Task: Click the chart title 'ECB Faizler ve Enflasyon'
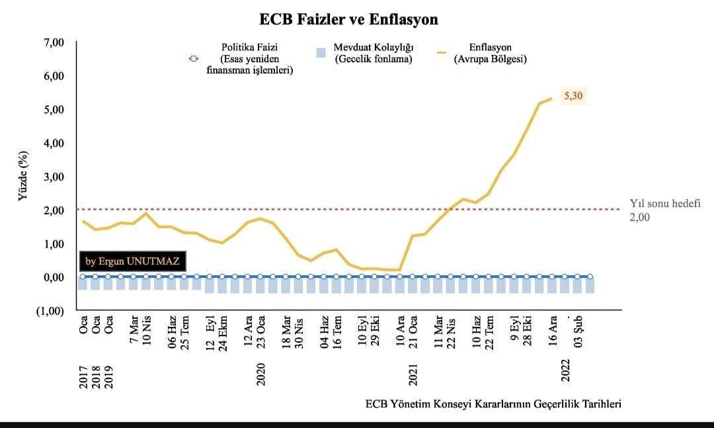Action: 348,19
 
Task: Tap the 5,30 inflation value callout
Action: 573,96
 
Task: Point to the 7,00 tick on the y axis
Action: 54,42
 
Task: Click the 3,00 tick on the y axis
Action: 54,177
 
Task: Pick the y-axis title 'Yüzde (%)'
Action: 22,176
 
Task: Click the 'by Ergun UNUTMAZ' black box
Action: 132,261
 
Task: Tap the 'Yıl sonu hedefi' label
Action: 665,204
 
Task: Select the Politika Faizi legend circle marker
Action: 194,58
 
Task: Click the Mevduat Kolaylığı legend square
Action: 321,52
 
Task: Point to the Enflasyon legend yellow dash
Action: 442,53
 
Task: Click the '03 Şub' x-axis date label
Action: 578,331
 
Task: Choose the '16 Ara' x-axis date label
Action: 553,331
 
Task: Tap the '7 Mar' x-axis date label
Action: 134,329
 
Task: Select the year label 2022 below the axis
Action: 565,370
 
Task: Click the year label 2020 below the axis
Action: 260,374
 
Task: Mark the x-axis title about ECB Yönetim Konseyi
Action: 493,404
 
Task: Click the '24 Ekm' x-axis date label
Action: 223,333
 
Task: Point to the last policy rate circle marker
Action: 590,277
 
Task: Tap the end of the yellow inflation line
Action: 551,99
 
